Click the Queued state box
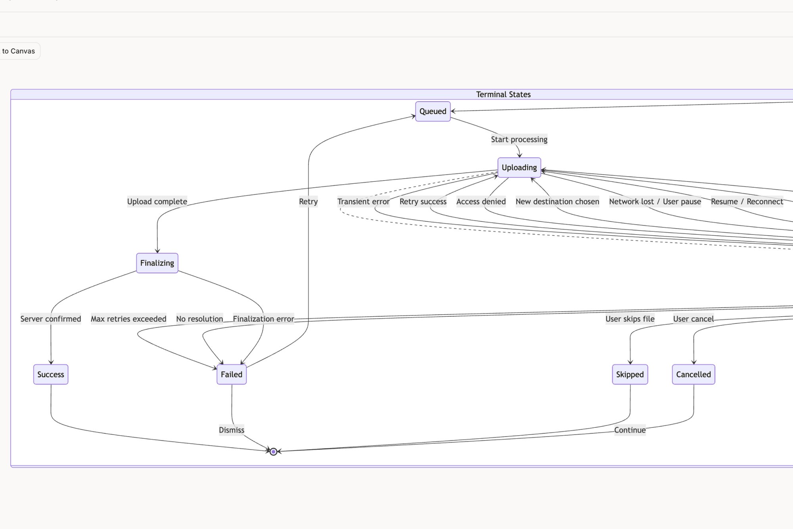tap(433, 112)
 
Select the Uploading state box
tap(519, 167)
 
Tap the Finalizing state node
tap(157, 263)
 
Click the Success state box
tap(51, 374)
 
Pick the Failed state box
tap(232, 374)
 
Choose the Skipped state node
tap(630, 374)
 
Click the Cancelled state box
tap(693, 374)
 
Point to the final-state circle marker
tap(273, 452)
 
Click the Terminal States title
tap(503, 94)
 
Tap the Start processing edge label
tap(519, 139)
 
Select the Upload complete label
tap(157, 202)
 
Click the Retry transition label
tap(308, 202)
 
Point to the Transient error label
tap(363, 202)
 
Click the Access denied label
tap(481, 202)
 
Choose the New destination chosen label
tap(557, 202)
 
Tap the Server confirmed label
tap(51, 319)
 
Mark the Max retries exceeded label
tap(128, 319)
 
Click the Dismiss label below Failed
tap(232, 430)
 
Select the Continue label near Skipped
tap(630, 430)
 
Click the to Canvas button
tap(18, 51)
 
